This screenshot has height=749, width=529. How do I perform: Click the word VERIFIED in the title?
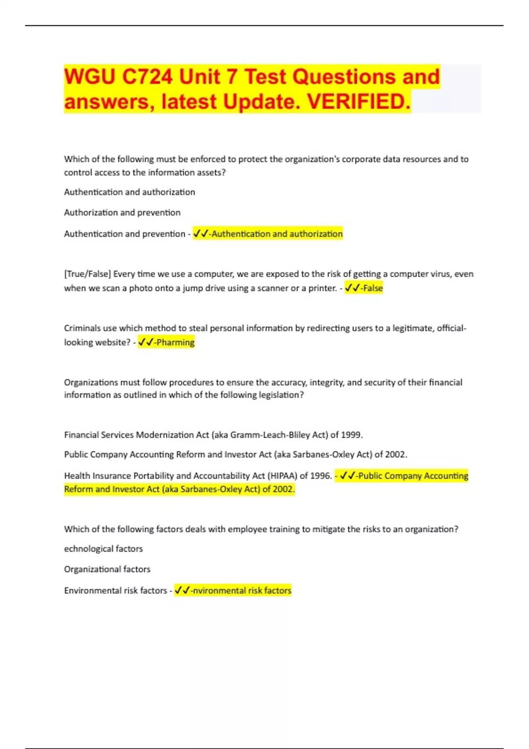359,101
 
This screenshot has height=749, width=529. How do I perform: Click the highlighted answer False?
373,288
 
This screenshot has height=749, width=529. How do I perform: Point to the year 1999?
351,435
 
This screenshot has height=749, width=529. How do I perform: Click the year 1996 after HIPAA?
320,476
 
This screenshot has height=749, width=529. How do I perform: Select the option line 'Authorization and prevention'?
122,212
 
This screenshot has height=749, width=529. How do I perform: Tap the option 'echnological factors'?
103,549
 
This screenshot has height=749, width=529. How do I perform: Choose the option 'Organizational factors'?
107,569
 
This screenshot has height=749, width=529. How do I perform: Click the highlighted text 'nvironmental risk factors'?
242,590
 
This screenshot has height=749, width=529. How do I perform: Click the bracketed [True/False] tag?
87,274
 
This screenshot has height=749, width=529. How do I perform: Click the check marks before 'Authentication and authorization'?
201,234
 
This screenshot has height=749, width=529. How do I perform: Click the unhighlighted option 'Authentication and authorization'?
129,192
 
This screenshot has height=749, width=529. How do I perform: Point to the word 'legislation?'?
281,395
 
